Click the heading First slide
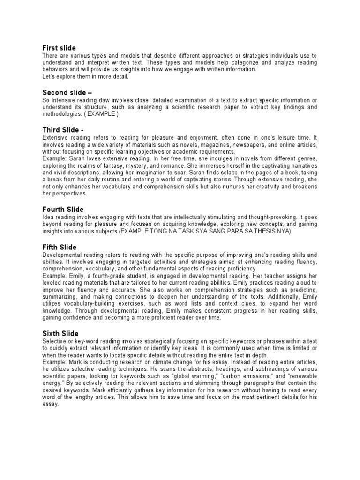pos(59,48)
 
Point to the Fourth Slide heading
pos(63,209)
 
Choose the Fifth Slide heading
pos(60,247)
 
